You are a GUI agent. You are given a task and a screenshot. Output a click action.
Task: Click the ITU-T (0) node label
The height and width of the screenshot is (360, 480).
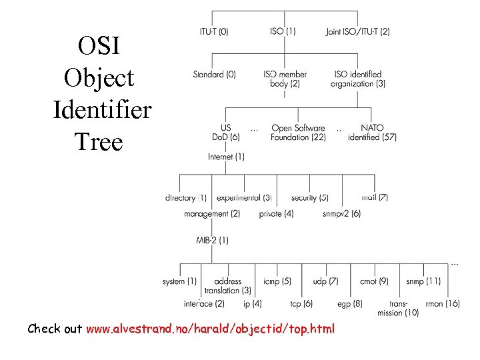point(214,31)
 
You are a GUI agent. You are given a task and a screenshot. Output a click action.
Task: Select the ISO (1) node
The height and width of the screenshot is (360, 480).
point(283,31)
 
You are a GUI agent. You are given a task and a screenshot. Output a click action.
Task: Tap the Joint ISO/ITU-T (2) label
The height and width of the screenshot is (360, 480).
point(358,31)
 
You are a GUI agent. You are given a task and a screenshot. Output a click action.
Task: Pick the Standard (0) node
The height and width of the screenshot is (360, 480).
point(214,75)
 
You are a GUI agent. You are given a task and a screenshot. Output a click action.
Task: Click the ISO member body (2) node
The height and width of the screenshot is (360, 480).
point(285,79)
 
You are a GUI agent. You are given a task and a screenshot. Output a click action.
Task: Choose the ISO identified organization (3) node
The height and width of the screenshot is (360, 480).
point(357,79)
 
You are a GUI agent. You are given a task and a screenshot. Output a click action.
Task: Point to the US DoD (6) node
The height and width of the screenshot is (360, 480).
point(225,133)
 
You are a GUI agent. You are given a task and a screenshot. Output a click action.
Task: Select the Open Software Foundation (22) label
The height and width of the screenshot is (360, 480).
point(298,133)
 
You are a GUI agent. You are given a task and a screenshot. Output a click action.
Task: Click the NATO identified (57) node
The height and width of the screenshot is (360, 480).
point(372,133)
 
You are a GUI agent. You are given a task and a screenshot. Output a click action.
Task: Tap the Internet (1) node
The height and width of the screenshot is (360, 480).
point(226,157)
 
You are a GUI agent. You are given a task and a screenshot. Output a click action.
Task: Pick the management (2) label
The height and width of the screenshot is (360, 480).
point(212,214)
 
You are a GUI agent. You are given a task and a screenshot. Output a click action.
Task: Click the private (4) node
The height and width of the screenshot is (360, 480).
point(276,214)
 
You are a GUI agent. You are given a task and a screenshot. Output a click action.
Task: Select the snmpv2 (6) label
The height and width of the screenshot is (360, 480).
point(341,214)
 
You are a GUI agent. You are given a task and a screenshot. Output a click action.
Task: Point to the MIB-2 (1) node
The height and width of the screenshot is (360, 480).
point(212,240)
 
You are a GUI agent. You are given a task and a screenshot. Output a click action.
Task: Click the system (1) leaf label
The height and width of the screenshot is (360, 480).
point(179,281)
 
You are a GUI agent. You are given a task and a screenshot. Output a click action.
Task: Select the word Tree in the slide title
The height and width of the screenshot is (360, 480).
point(99,141)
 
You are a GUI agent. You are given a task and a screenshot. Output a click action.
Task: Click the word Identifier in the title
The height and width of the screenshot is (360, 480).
point(102,109)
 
